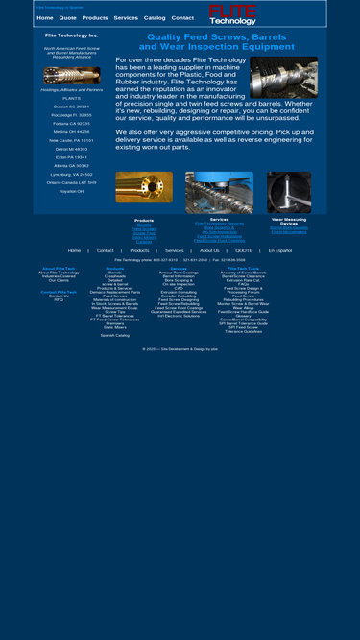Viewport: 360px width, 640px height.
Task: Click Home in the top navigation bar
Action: coord(45,17)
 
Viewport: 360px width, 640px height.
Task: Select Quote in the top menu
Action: coord(67,17)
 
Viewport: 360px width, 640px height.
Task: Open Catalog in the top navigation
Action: coord(155,17)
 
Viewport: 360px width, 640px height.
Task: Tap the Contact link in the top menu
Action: coord(182,17)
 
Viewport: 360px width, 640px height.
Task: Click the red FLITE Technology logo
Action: coord(232,14)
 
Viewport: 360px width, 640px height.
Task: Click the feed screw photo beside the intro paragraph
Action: coord(283,78)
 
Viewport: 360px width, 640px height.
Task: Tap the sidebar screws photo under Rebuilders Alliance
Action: coord(71,76)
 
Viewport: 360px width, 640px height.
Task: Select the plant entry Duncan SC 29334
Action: coord(71,106)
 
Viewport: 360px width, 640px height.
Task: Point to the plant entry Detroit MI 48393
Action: coord(71,149)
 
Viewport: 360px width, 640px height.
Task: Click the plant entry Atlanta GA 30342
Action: coord(71,165)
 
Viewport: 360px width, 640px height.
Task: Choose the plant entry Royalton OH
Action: coord(71,191)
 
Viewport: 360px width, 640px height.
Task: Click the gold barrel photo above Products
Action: coord(144,187)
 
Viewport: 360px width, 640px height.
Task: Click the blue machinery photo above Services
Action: coord(219,192)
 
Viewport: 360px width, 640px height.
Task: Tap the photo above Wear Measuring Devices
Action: coord(288,192)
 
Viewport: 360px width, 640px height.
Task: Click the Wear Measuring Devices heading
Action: coord(288,221)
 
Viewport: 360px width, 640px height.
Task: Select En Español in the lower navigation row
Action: coord(280,250)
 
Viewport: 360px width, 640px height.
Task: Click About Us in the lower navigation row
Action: coord(209,250)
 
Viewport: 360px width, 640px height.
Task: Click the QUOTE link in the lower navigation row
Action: coord(244,250)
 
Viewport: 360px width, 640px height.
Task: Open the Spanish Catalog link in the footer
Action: coord(114,335)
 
